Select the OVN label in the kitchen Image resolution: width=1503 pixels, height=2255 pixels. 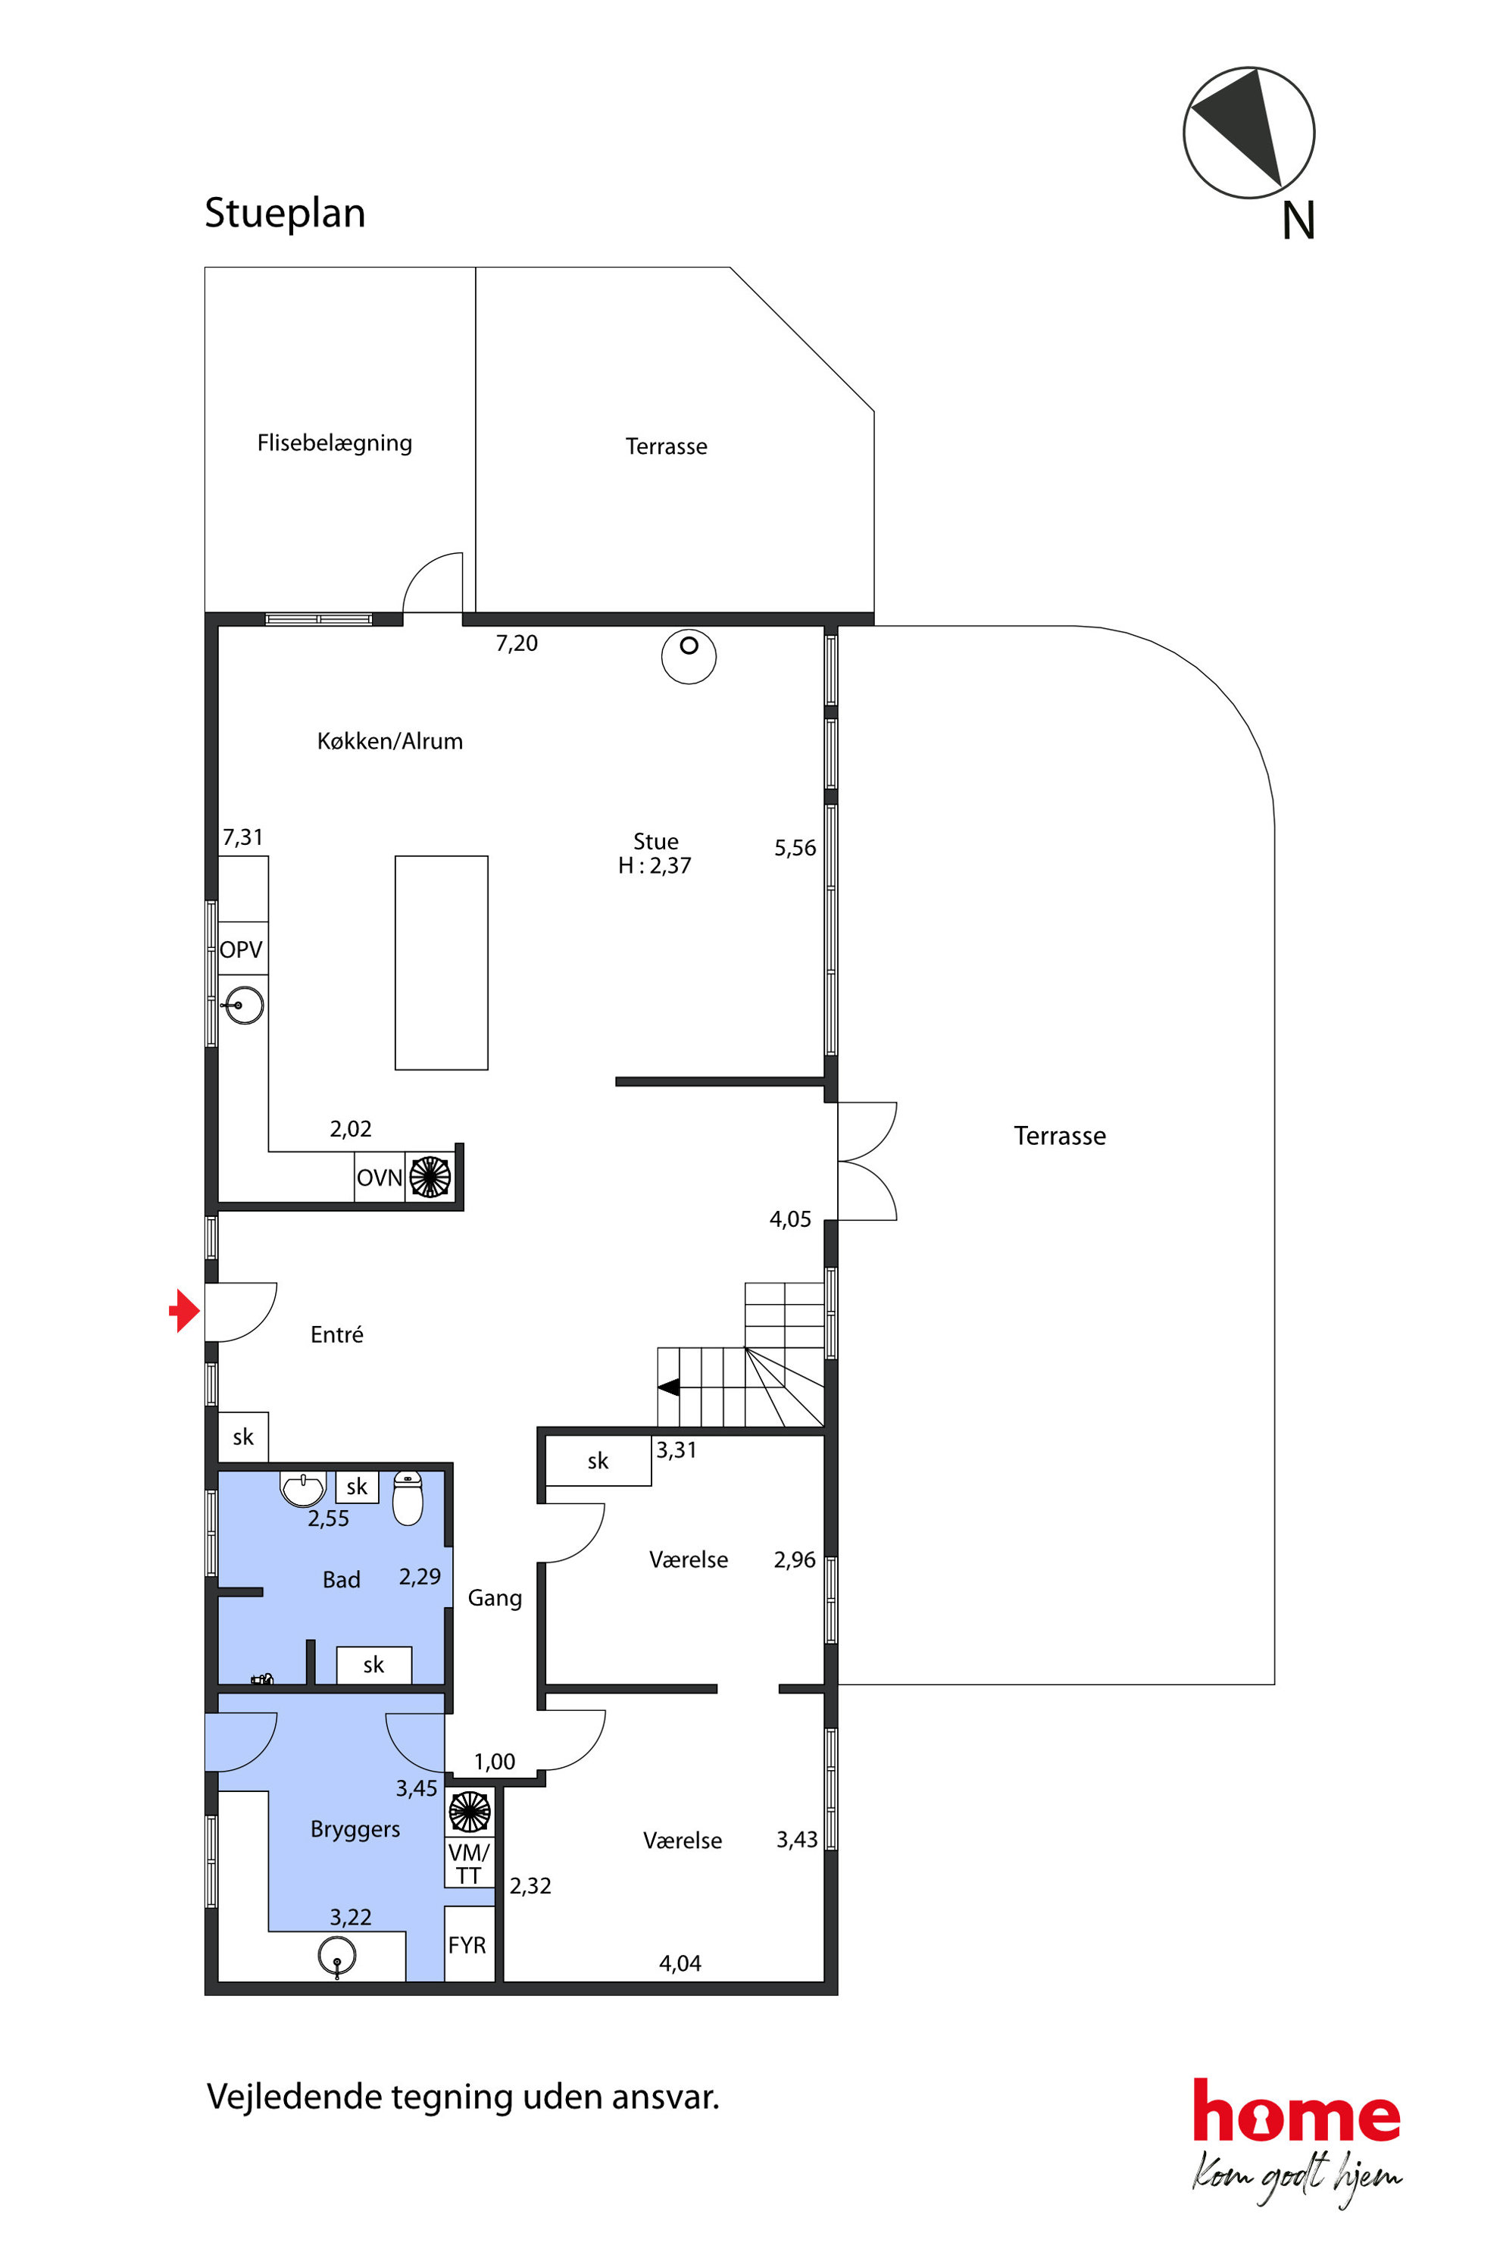pyautogui.click(x=379, y=1178)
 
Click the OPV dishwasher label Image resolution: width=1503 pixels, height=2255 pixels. pyautogui.click(x=241, y=949)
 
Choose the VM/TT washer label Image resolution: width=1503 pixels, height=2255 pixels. pyautogui.click(x=469, y=1864)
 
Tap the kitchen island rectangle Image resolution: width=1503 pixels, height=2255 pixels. pyautogui.click(x=441, y=962)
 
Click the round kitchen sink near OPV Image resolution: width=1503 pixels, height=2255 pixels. pyautogui.click(x=245, y=1006)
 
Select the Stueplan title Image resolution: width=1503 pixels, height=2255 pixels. pyautogui.click(x=285, y=213)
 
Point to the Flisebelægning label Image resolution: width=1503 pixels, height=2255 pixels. pyautogui.click(x=335, y=443)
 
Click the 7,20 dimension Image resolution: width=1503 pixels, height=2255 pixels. pyautogui.click(x=517, y=643)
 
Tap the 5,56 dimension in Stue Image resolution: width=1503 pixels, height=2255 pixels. pyautogui.click(x=795, y=848)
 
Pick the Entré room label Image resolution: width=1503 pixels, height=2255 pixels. pyautogui.click(x=336, y=1334)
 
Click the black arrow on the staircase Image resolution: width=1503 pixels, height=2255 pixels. pyautogui.click(x=668, y=1387)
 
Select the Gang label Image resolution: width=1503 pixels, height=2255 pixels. pyautogui.click(x=495, y=1598)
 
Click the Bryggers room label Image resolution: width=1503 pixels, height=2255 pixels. pyautogui.click(x=355, y=1829)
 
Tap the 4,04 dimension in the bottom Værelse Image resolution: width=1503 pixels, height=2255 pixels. pyautogui.click(x=680, y=1963)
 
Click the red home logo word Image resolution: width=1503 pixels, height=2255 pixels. pyautogui.click(x=1296, y=2111)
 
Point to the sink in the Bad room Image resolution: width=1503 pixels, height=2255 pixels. pyautogui.click(x=303, y=1489)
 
